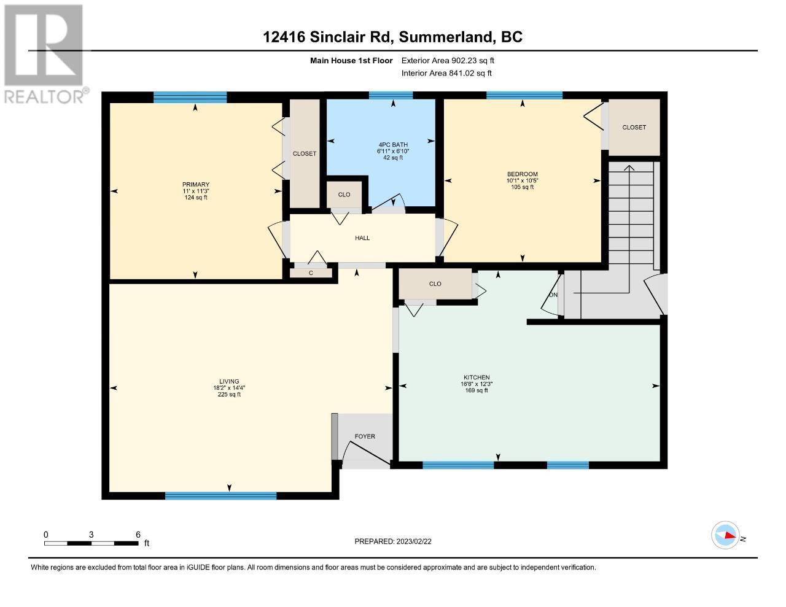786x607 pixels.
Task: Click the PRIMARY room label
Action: [x=196, y=184]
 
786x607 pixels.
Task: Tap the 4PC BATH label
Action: [x=393, y=145]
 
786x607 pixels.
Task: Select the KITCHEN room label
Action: [x=477, y=377]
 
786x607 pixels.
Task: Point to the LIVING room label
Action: [x=229, y=381]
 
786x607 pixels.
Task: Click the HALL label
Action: [x=362, y=238]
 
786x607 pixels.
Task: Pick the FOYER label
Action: [x=365, y=436]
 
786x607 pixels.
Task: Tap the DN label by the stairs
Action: [x=553, y=295]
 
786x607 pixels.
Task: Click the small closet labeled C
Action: [x=311, y=273]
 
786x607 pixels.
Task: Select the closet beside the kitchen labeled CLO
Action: [x=435, y=284]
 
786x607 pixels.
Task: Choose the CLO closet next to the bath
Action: [x=344, y=195]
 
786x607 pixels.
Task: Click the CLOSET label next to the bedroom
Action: [x=634, y=127]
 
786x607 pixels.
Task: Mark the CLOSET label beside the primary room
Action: [x=304, y=153]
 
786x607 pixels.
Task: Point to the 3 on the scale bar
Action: [x=91, y=535]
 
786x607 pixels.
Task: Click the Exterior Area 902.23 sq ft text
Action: [x=448, y=60]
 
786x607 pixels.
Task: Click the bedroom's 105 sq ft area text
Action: [x=523, y=187]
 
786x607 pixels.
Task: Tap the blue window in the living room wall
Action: [x=220, y=496]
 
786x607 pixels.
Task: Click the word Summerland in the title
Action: [x=446, y=37]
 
